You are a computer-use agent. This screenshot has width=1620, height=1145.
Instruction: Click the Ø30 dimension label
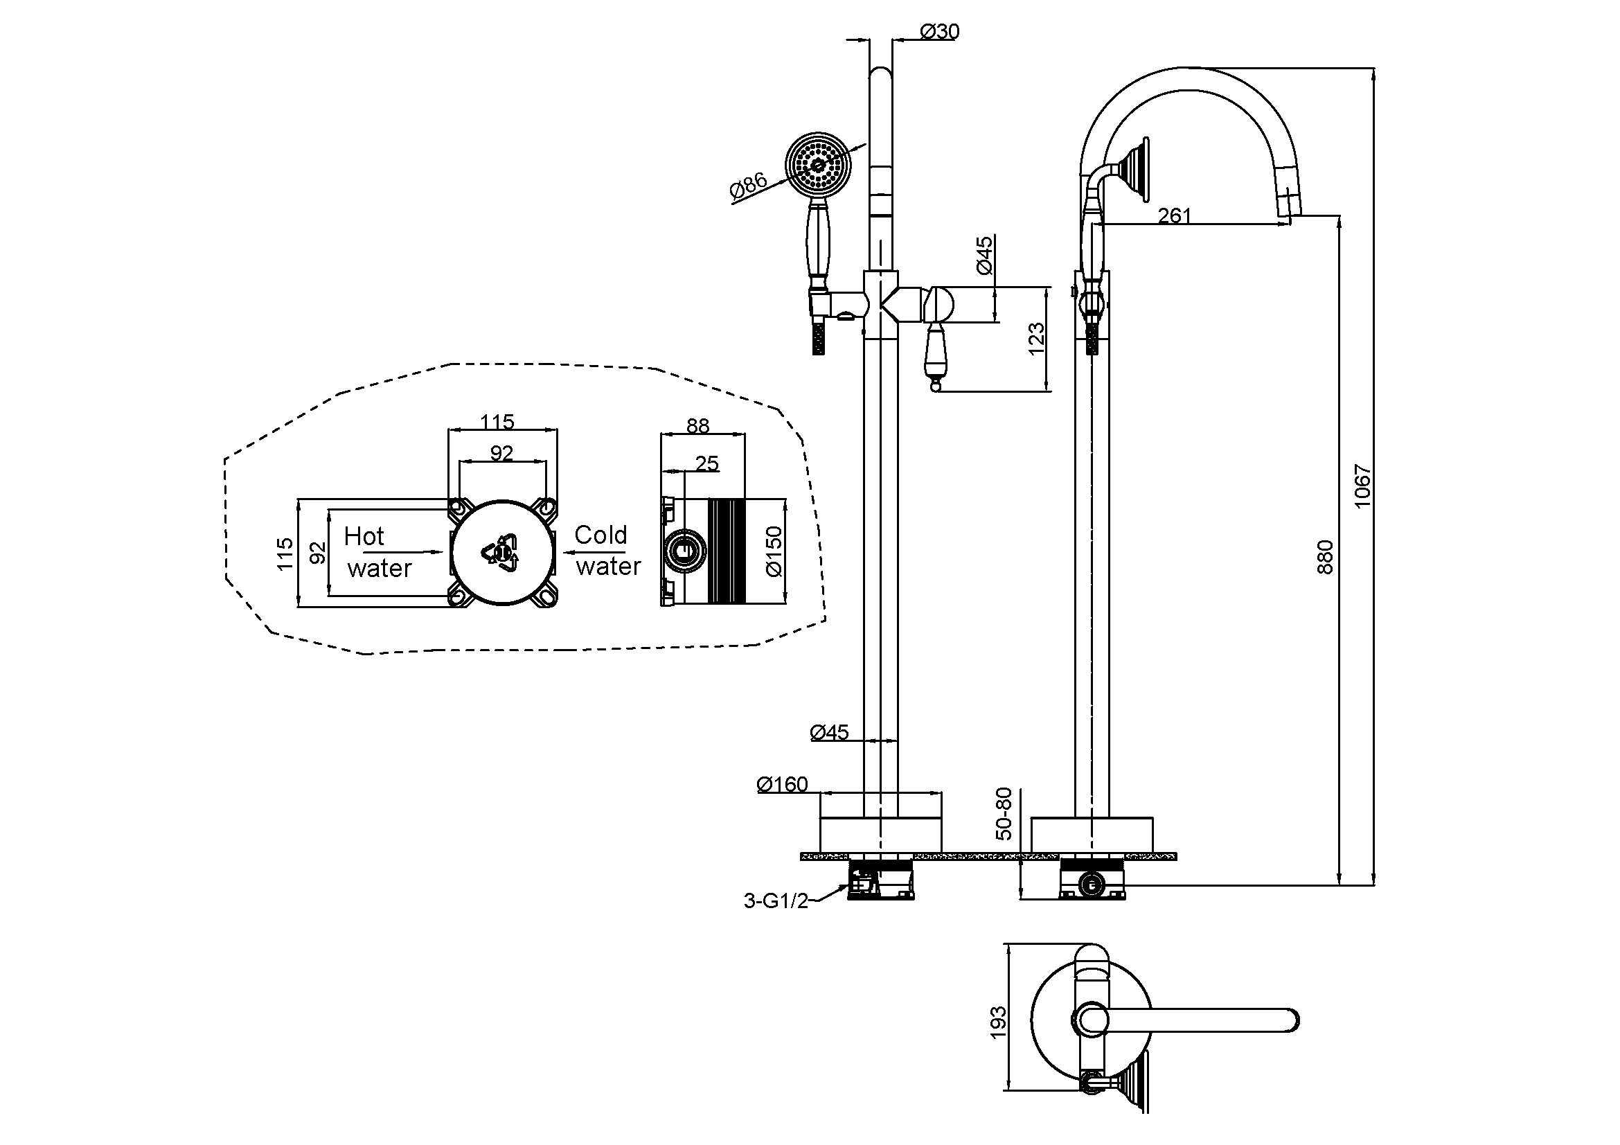(x=940, y=32)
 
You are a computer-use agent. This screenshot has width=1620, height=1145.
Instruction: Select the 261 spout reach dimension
(x=1174, y=215)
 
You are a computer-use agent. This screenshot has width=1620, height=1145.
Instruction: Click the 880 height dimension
(x=1325, y=557)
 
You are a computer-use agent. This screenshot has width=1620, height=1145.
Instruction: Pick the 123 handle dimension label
(x=1035, y=339)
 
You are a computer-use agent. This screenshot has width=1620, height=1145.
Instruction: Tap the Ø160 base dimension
(x=782, y=785)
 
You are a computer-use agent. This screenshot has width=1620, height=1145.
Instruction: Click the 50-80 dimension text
(x=1004, y=814)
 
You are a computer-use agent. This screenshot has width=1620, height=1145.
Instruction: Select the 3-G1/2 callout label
(x=776, y=901)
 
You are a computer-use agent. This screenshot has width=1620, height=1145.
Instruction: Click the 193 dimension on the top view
(x=997, y=1022)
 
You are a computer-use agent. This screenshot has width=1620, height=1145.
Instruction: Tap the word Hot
(x=364, y=537)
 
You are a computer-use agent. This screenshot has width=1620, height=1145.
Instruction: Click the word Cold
(x=600, y=535)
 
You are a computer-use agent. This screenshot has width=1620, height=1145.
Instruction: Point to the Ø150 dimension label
(x=774, y=551)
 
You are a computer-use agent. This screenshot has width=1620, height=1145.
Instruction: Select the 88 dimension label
(x=697, y=425)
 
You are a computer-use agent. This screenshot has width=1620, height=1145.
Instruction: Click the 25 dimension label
(x=706, y=463)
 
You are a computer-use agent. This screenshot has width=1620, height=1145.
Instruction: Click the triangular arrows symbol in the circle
(x=501, y=551)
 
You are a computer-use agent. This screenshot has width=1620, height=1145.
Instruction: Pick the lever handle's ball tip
(x=936, y=385)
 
